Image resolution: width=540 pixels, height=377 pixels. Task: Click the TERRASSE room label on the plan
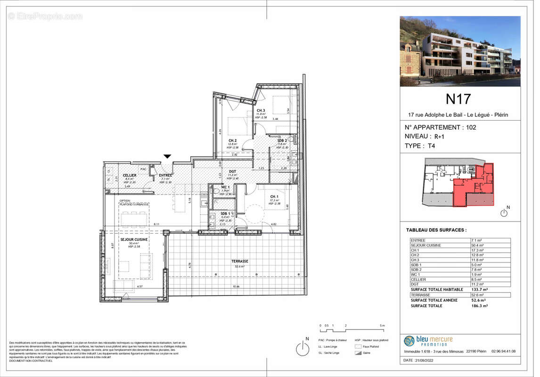coord(239,261)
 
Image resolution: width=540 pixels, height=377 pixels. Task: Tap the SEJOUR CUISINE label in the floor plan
coord(134,240)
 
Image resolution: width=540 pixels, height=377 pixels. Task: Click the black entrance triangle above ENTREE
coord(167,156)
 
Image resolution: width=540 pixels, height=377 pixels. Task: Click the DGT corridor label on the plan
coord(232,172)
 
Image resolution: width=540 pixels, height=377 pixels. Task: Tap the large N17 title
coord(458,99)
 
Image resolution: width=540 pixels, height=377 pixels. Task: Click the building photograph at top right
coord(460,51)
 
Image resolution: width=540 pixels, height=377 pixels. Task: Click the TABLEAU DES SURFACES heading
coord(436,230)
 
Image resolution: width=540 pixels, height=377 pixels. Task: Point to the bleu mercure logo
coord(428,341)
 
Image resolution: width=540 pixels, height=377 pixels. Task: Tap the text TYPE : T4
coord(420,146)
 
